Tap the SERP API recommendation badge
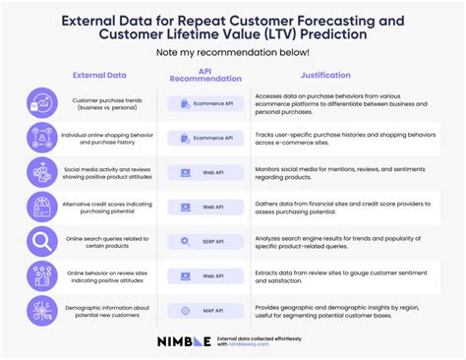click(205, 241)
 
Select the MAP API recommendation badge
click(205, 311)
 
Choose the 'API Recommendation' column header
click(205, 75)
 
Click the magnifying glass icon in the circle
click(40, 241)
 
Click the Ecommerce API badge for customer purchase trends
click(205, 103)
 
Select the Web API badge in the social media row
click(205, 172)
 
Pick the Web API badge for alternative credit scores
click(205, 207)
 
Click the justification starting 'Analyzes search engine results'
click(339, 241)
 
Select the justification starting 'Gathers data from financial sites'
click(339, 207)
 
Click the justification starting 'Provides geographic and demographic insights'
click(339, 311)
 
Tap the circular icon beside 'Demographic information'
click(40, 311)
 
